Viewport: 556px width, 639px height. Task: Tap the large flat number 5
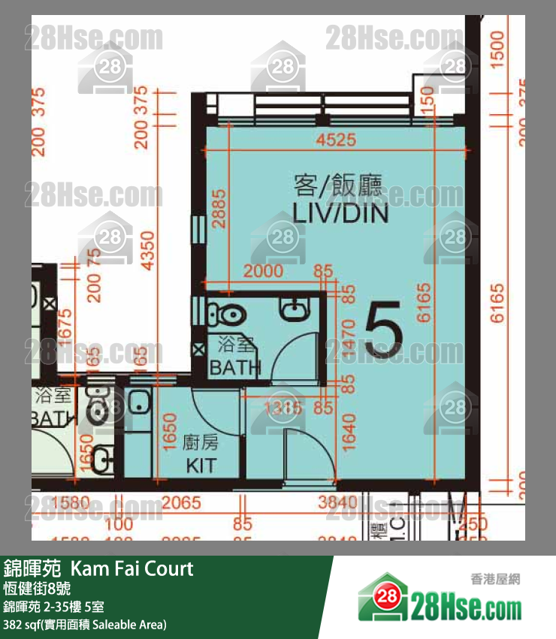[x=383, y=330]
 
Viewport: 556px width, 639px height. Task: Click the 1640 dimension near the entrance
[x=348, y=433]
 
